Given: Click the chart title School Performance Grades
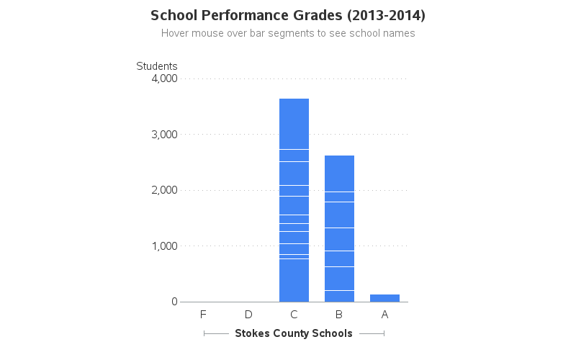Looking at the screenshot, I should point(288,15).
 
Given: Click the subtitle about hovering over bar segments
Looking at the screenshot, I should point(288,33).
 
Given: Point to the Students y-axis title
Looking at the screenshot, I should point(157,66).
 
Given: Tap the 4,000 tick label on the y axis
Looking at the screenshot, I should point(165,78).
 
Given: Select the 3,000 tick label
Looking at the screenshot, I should point(165,135).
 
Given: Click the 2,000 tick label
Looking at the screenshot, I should point(165,190).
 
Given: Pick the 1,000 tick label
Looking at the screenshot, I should point(165,246).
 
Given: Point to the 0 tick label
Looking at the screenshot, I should point(174,302).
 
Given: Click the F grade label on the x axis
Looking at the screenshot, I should point(203,315).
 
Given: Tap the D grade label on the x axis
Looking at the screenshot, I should point(248,315).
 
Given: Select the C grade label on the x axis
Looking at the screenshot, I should point(294,315).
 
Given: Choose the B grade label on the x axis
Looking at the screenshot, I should point(339,315).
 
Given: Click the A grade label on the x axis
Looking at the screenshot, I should point(384,315).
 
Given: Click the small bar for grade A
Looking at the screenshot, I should point(384,298).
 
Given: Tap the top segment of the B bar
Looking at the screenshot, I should point(339,174).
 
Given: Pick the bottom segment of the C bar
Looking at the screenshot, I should point(294,281).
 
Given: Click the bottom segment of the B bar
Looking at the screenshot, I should point(339,296).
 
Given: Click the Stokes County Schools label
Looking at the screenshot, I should point(294,333).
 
